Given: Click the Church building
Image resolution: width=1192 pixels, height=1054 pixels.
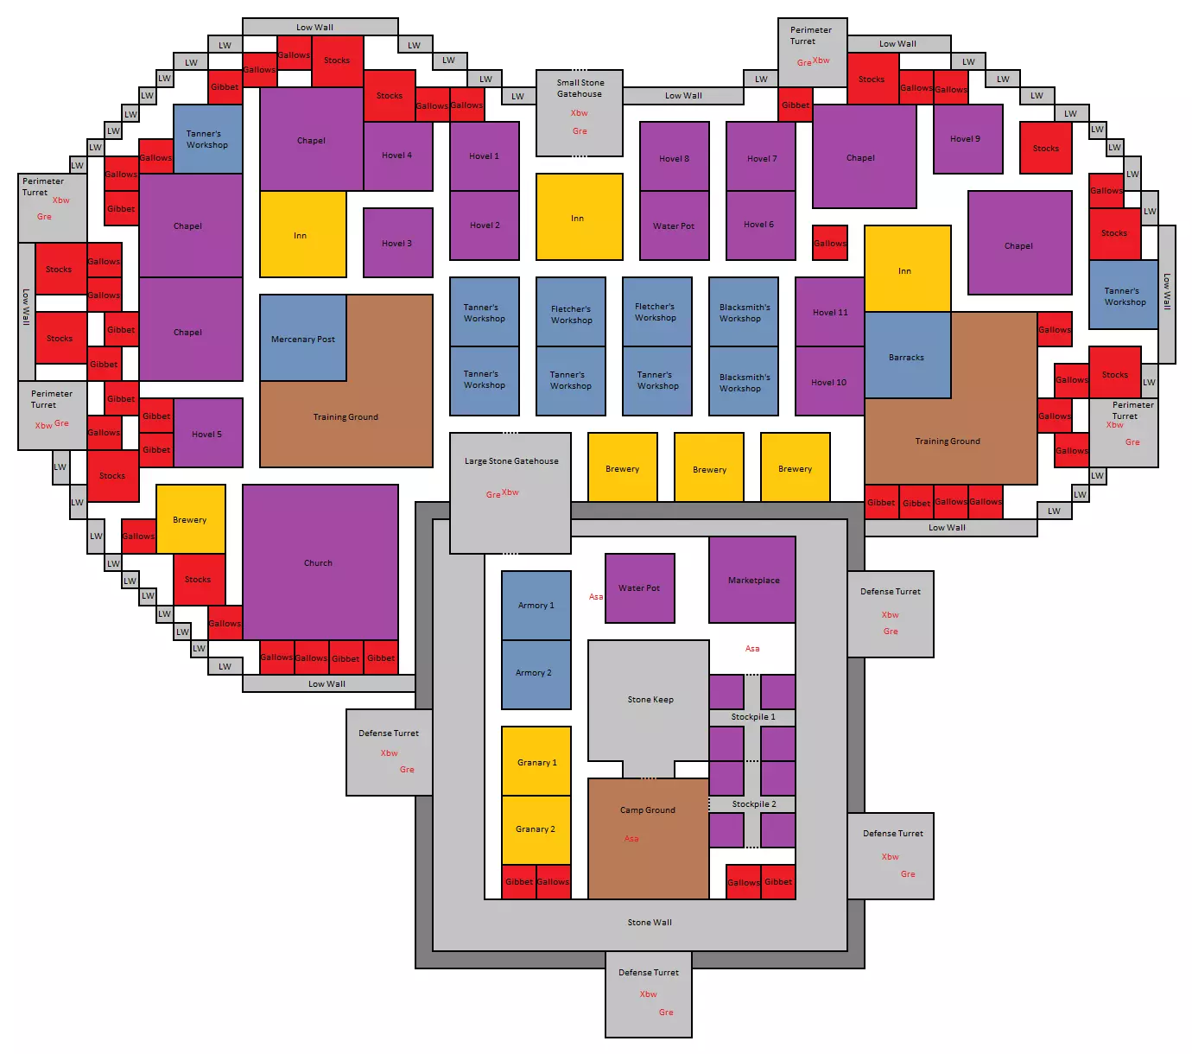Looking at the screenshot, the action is coord(320,562).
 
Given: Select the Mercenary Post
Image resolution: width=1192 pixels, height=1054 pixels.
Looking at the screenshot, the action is coord(303,338).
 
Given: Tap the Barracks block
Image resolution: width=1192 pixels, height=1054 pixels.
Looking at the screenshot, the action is coord(907,355).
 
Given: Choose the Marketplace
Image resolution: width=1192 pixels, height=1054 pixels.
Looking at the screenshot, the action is coord(752,579).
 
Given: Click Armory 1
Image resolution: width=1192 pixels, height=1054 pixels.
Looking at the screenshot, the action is coord(536,605).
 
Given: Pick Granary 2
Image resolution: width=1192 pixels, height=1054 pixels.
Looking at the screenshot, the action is coord(536,829).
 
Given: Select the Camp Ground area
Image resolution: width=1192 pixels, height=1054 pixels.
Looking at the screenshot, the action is coord(649,839).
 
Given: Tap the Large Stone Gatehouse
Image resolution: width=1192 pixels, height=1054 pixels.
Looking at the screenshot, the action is coord(510,493).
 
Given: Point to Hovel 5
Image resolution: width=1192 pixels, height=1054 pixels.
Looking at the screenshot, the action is coord(207,433).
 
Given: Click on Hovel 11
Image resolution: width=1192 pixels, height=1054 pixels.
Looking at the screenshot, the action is coord(829,311).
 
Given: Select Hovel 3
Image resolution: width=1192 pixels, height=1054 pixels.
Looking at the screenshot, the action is coord(398,243).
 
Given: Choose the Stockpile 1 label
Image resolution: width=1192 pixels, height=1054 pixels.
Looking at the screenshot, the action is coord(752,717).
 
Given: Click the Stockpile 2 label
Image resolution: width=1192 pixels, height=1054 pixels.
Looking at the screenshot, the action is coord(754,803).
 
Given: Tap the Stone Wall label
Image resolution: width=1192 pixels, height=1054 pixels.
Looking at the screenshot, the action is coord(650,922).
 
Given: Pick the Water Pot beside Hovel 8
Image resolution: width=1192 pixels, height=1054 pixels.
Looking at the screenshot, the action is coord(675,225).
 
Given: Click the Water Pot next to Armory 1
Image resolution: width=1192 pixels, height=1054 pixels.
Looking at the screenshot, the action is coord(639,588).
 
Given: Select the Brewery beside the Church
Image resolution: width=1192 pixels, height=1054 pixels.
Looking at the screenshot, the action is coord(191,519).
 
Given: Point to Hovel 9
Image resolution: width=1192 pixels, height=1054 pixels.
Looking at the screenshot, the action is coord(967,139).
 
